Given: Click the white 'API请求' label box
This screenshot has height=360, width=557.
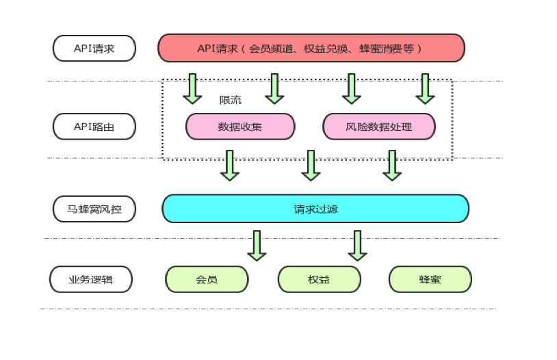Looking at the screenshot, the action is pos(94,49).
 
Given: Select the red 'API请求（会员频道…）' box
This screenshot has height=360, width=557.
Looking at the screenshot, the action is pos(311,48).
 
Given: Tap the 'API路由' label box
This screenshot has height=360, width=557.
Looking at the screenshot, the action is pos(94,127).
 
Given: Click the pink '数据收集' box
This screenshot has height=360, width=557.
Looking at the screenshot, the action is pos(240,127).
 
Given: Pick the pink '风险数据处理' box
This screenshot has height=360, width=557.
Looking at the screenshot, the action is pos(379,127).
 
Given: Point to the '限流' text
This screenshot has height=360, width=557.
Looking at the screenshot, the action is pos(230,100).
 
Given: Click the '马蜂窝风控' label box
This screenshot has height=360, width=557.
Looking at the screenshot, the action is pos(94,209).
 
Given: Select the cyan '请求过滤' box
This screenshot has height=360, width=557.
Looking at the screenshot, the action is pos(315,209).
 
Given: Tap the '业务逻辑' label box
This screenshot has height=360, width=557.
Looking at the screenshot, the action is pos(91,279).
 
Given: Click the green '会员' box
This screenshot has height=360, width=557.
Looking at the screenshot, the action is pos(207,279).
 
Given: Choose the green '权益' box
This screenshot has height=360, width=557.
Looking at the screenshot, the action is pos(320,279).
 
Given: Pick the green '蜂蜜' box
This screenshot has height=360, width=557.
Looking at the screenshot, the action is pos(430,279).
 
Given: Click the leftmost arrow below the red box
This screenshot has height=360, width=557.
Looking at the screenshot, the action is pos(192,89).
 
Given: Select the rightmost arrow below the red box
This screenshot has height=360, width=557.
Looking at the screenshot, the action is pos(425,89).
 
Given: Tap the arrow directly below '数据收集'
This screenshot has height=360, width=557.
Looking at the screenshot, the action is pos(230,166).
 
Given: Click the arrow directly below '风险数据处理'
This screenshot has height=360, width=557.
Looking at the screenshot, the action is pos(392,166).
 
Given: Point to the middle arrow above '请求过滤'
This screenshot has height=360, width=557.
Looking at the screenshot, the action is pos(311,166).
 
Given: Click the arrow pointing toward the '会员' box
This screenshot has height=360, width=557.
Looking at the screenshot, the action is pos(257,246).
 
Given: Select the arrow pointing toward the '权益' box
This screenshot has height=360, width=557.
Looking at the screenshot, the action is pos(357,246).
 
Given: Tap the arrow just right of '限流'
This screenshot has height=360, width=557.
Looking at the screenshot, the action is pos(274,89).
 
